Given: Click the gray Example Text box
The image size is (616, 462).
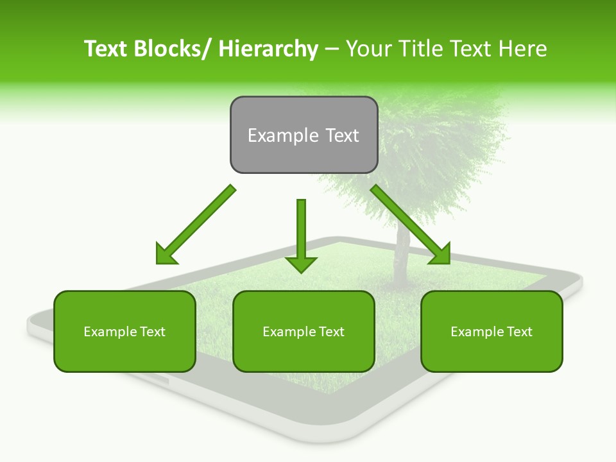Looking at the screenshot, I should [304, 135].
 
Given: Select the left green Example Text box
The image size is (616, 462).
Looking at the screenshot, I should [124, 331].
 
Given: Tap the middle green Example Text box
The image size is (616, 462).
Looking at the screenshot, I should [304, 331].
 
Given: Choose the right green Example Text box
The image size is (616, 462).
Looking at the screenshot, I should [492, 331].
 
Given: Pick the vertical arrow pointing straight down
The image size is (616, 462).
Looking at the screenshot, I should [301, 231].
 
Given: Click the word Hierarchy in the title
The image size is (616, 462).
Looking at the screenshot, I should [268, 49].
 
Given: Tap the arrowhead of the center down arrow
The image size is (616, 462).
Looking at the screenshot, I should [301, 264].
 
